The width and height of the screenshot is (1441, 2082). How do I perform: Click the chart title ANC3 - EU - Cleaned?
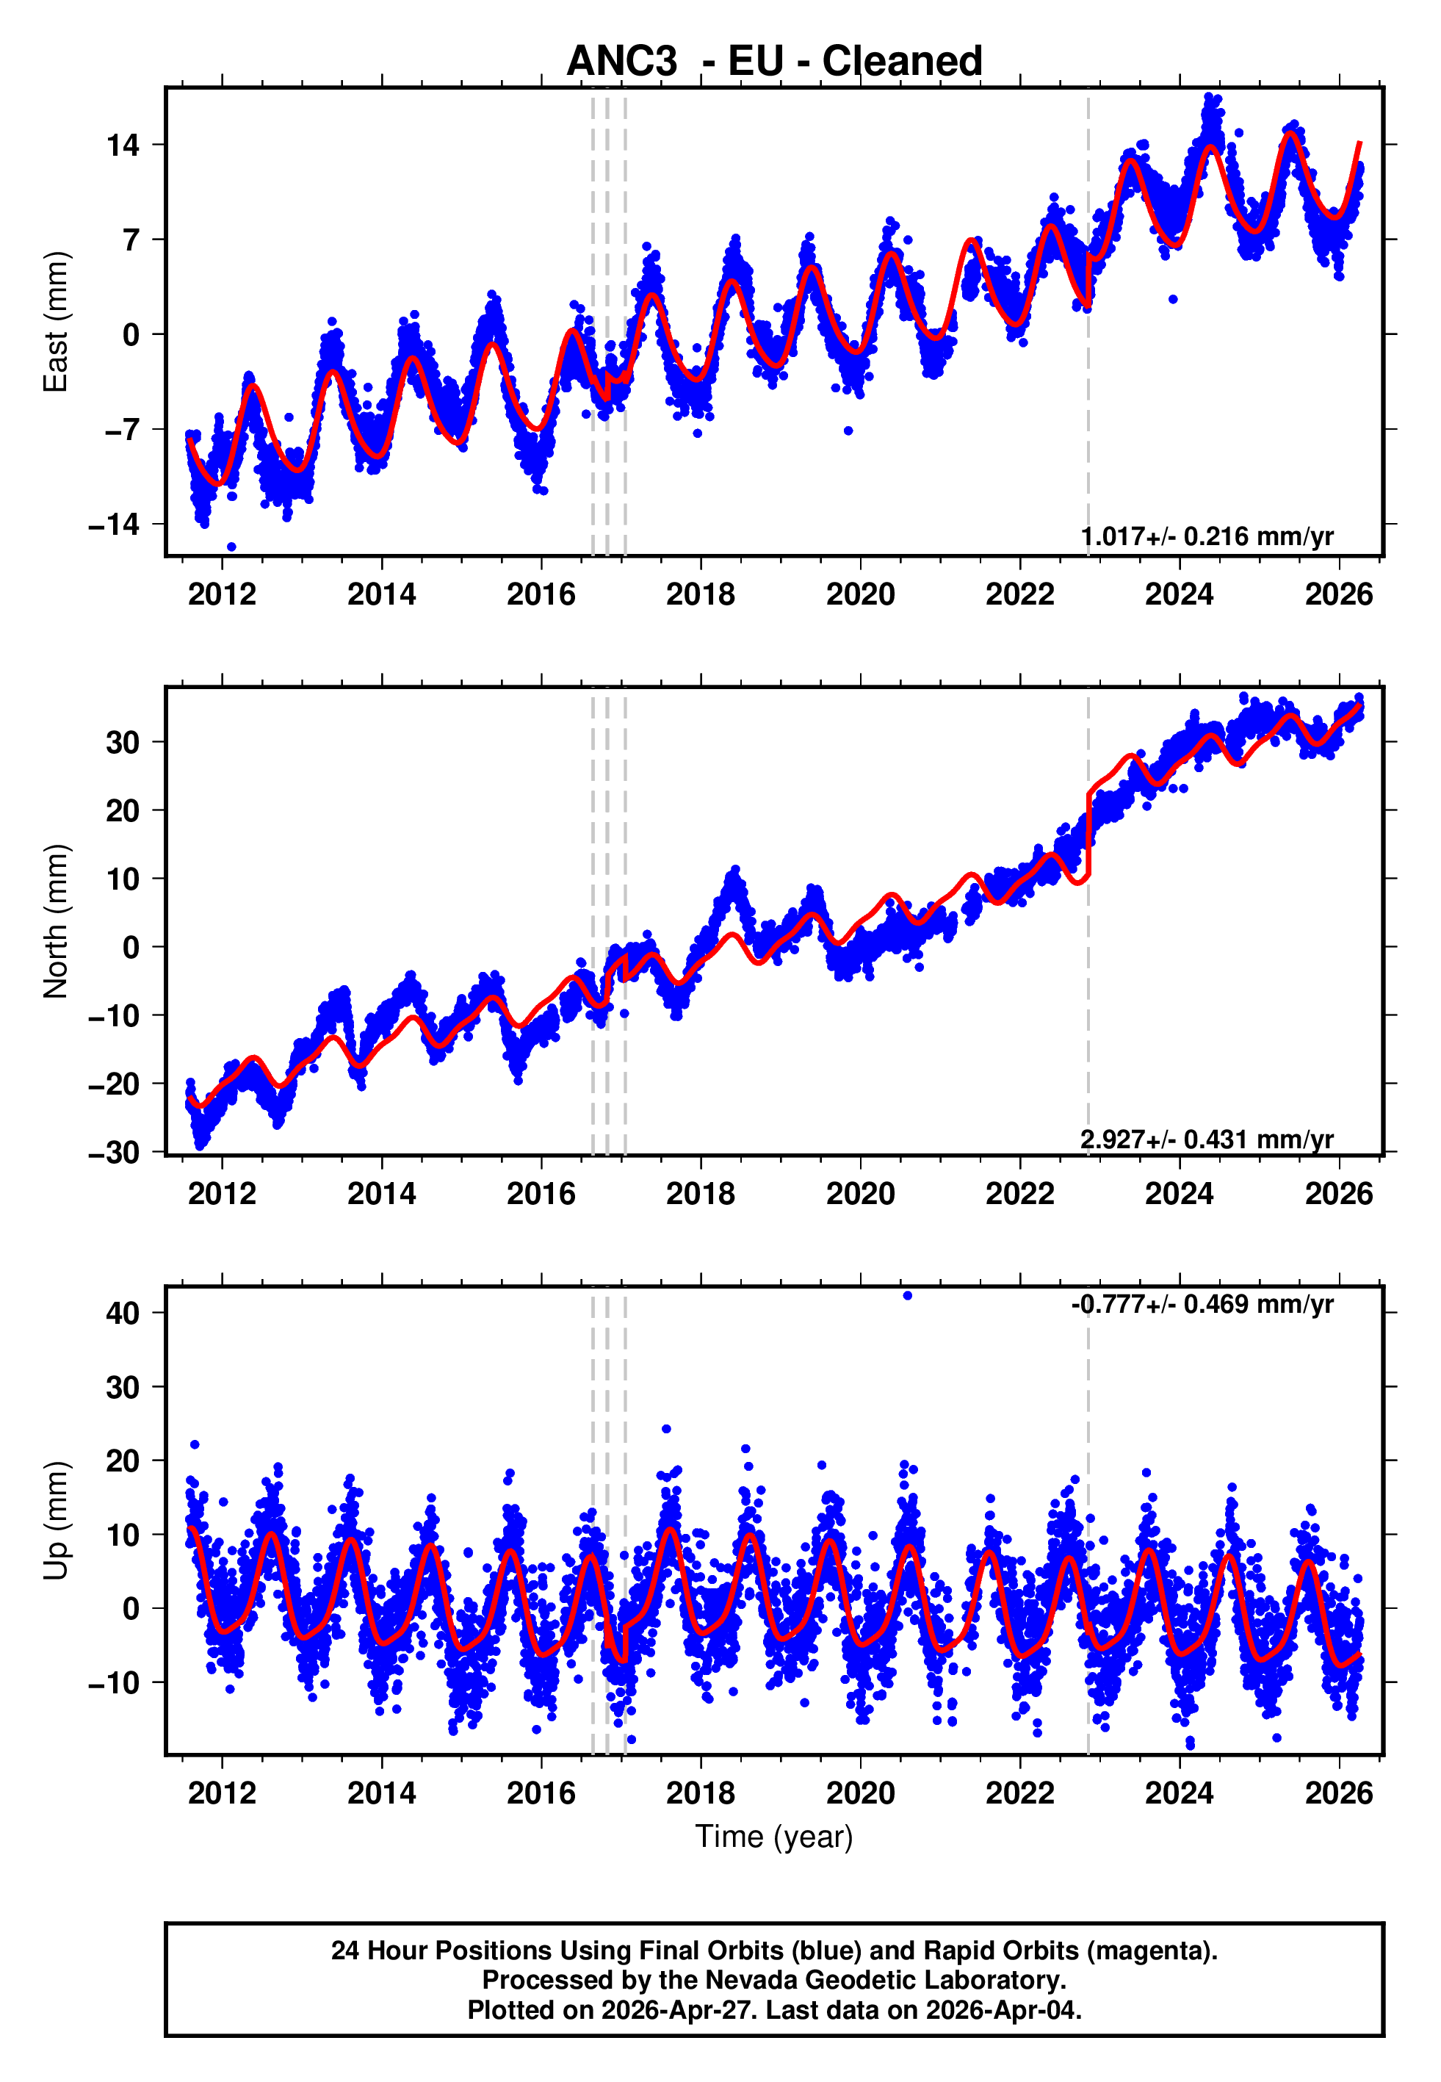(774, 62)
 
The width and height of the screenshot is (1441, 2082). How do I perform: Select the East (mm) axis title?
(56, 322)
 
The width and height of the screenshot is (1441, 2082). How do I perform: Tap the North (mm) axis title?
(56, 921)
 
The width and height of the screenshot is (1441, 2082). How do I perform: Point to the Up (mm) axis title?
(56, 1521)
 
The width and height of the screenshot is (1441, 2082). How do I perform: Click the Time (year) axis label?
(774, 1837)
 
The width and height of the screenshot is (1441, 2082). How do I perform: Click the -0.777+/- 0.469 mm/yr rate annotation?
(1202, 1304)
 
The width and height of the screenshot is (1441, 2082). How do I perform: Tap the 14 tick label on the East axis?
(123, 145)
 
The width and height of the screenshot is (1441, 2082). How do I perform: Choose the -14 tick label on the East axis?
(114, 525)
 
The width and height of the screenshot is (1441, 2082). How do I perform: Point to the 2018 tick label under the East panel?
(701, 594)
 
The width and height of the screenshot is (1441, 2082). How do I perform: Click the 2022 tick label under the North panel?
(1019, 1194)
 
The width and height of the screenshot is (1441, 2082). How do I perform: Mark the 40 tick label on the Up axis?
(123, 1313)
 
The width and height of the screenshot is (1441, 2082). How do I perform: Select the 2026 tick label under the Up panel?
(1338, 1793)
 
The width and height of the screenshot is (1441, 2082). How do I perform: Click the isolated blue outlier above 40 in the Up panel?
(907, 1296)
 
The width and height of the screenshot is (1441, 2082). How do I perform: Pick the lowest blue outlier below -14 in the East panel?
(231, 547)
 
